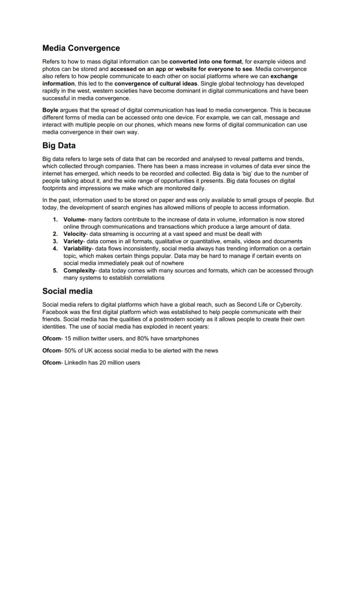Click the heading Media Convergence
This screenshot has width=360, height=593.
click(x=81, y=48)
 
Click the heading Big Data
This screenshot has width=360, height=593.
click(x=59, y=146)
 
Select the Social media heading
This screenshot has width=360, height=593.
click(x=67, y=291)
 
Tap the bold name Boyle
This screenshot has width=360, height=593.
click(x=50, y=110)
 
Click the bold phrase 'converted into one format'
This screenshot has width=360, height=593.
click(x=205, y=62)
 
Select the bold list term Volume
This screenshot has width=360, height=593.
click(x=73, y=220)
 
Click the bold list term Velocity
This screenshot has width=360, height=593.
click(x=74, y=234)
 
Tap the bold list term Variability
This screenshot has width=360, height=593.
click(x=77, y=249)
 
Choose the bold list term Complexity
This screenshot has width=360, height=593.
click(x=79, y=270)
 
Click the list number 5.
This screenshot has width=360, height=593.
click(x=55, y=270)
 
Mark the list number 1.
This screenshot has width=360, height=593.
click(x=55, y=220)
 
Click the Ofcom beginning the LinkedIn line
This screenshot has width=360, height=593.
click(x=51, y=363)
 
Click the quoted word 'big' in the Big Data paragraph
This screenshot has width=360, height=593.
click(x=246, y=173)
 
